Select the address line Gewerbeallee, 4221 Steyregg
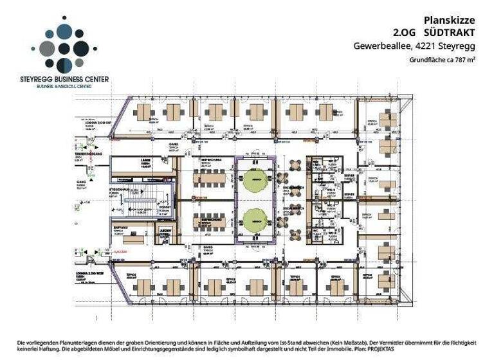coord(414,46)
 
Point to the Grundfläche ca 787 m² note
coord(442,60)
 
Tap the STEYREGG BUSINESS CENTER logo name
coord(64,79)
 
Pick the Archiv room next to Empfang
coord(164,230)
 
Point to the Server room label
coord(350,174)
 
